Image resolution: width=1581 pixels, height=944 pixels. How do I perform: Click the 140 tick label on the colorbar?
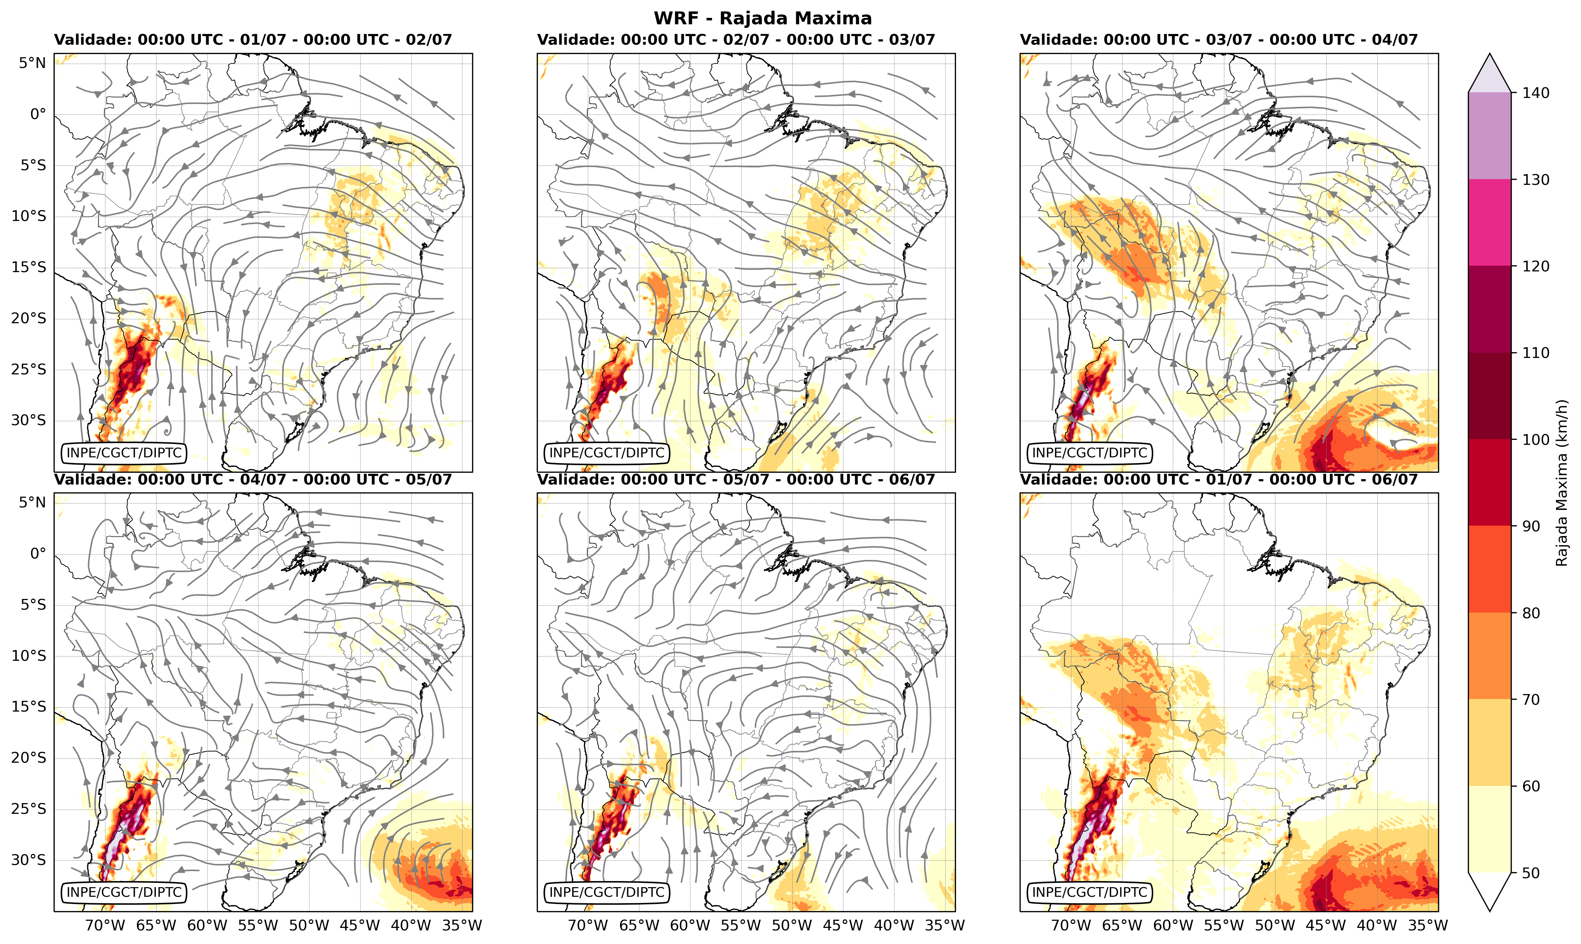[x=1535, y=93]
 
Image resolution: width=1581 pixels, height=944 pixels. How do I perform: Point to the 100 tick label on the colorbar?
[x=1535, y=439]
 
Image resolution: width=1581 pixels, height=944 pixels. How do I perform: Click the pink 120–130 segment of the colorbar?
[x=1490, y=223]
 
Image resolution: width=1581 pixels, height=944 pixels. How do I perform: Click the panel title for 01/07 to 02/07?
[x=253, y=39]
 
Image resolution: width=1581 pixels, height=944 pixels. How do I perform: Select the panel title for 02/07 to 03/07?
[x=736, y=39]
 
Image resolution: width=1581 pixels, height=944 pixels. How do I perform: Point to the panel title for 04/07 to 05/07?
[x=253, y=479]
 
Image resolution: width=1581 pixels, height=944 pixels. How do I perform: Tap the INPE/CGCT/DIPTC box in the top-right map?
[x=1090, y=453]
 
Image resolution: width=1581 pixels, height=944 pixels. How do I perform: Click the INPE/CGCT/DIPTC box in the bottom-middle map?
[x=607, y=893]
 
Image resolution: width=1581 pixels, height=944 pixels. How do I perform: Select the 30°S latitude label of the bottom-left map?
[x=29, y=860]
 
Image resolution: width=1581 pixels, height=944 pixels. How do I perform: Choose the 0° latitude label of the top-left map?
[x=38, y=114]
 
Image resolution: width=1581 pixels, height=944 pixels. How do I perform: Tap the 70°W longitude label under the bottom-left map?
[x=105, y=925]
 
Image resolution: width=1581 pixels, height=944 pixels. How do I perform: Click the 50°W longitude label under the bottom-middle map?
[x=792, y=925]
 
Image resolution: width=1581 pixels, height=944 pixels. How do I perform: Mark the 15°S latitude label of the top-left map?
[x=29, y=267]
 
